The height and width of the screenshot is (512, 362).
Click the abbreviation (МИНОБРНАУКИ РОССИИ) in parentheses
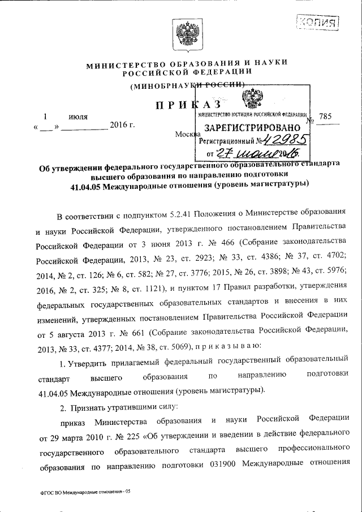tap(187, 85)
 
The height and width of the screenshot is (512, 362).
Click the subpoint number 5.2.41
tap(182, 217)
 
